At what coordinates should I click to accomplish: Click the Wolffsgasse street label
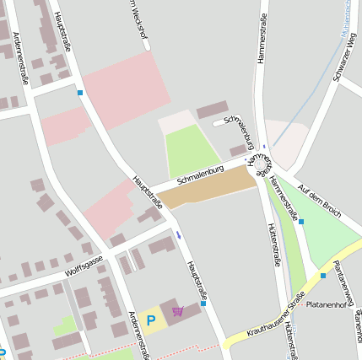(x=84, y=266)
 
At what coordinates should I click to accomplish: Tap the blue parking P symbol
(x=151, y=320)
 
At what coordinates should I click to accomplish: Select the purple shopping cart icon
(x=177, y=312)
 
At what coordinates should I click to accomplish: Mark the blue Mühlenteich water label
(x=348, y=12)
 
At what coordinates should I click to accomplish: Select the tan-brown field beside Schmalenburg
(x=208, y=189)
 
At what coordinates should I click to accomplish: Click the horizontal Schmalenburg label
(x=200, y=176)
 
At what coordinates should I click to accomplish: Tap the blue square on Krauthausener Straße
(x=322, y=275)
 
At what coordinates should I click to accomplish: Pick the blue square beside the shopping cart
(x=203, y=304)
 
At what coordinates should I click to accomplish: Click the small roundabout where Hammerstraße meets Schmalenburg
(x=258, y=161)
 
